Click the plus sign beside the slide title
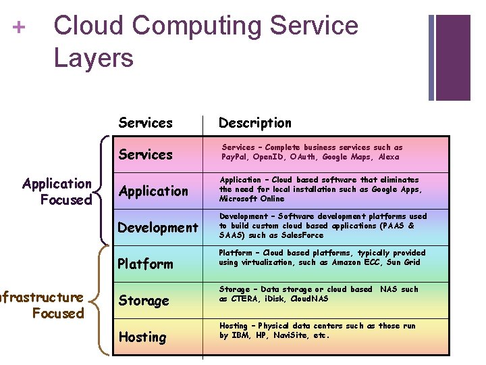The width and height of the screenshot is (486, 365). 19,28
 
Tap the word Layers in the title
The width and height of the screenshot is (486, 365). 93,57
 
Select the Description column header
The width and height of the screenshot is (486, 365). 254,123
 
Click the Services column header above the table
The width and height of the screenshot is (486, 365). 145,123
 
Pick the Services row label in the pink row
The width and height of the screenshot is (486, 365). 145,155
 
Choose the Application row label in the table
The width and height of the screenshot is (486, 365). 153,191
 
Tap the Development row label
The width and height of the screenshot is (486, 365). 158,228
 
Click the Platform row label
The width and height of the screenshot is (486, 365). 145,264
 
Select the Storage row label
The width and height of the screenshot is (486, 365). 144,301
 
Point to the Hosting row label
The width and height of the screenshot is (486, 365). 142,337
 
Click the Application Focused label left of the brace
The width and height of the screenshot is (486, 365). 57,191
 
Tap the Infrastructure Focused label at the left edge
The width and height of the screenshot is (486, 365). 42,305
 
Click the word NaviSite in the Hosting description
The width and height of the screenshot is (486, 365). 294,335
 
